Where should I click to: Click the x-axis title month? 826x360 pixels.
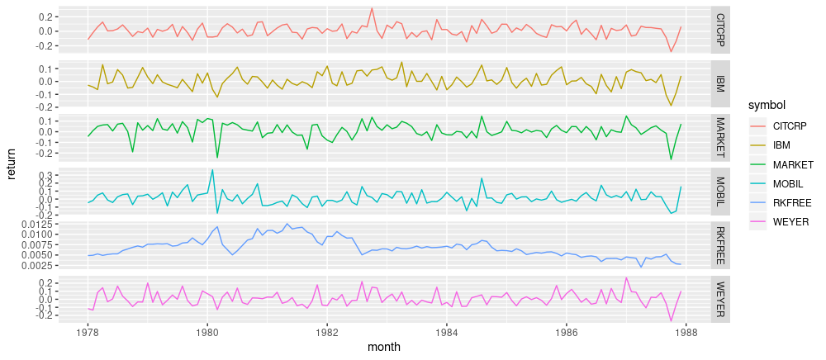(x=387, y=350)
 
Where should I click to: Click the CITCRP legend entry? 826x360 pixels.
(x=789, y=126)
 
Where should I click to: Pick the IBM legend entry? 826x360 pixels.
(x=781, y=145)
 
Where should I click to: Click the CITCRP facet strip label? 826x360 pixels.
(x=720, y=30)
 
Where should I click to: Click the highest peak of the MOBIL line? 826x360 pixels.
(x=212, y=170)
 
